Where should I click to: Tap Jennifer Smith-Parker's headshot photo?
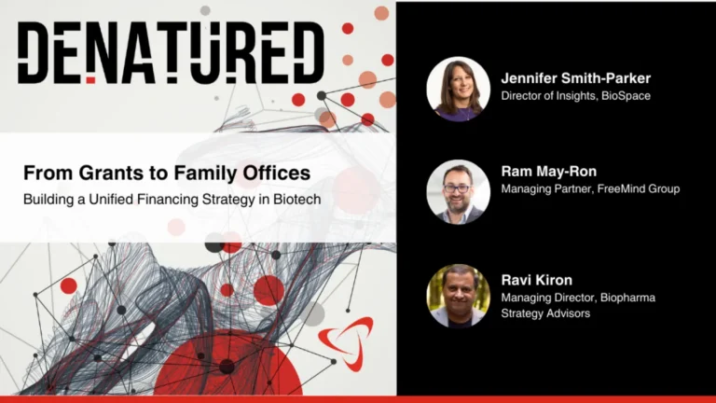458,89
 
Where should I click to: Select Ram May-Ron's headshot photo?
458,191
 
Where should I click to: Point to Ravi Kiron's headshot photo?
458,296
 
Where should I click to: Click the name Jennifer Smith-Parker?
575,78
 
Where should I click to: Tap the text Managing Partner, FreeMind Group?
590,188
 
